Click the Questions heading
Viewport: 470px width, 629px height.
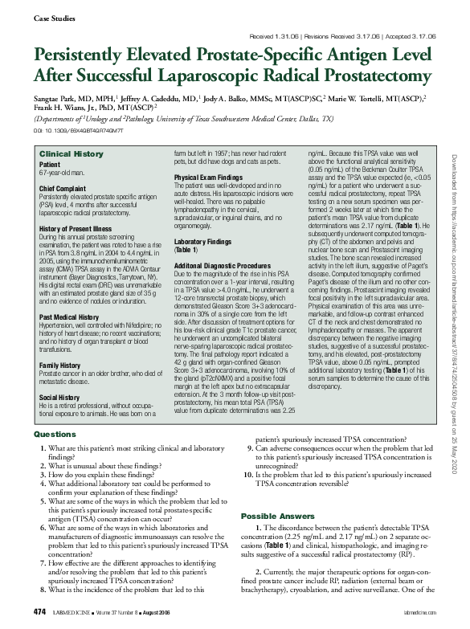click(55, 434)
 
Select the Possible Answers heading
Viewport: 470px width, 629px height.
click(281, 515)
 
